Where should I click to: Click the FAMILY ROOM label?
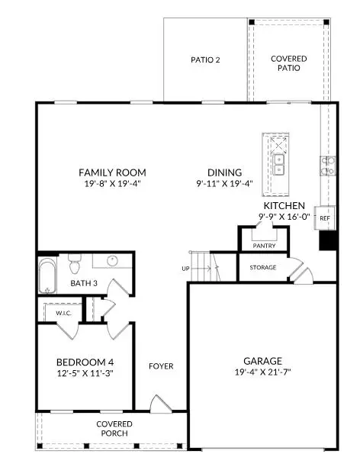[113, 172]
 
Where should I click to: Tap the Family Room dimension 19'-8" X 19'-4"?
[113, 184]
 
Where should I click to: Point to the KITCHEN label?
[284, 206]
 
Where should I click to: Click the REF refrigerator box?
[324, 218]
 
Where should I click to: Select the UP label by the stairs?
[185, 269]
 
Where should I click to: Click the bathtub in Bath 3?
[47, 277]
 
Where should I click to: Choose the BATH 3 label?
[84, 284]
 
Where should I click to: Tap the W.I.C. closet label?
[63, 313]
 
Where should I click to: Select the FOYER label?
[161, 366]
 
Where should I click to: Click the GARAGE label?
[262, 361]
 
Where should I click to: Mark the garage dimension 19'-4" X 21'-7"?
[262, 372]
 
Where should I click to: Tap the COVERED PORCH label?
[114, 429]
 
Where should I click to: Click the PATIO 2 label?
[206, 60]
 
